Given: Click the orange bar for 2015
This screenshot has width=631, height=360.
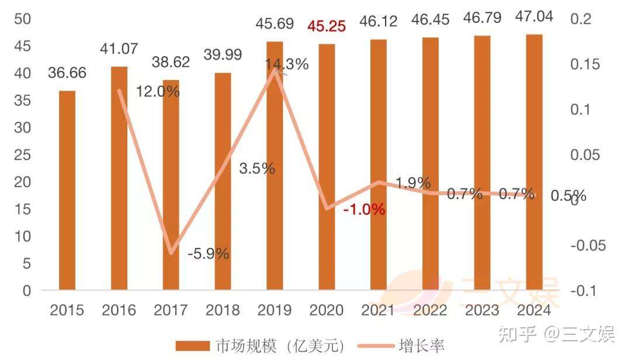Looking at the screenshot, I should pos(67,191).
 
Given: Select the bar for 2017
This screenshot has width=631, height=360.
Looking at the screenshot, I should pos(171,185).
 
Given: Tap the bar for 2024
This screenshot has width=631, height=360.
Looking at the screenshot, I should pos(534,162).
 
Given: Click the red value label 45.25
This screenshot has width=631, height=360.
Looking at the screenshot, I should pos(327,26).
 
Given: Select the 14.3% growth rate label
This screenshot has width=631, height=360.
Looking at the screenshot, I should pos(286,65).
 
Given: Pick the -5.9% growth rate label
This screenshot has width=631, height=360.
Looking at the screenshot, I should pos(208,254).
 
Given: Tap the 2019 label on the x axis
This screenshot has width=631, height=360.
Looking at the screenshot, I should pos(275,310).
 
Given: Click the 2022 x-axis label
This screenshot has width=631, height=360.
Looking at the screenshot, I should pos(430,310).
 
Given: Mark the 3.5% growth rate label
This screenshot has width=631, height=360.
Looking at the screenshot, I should pos(257,168).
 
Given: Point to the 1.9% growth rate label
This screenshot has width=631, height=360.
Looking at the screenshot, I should pos(412,182).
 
